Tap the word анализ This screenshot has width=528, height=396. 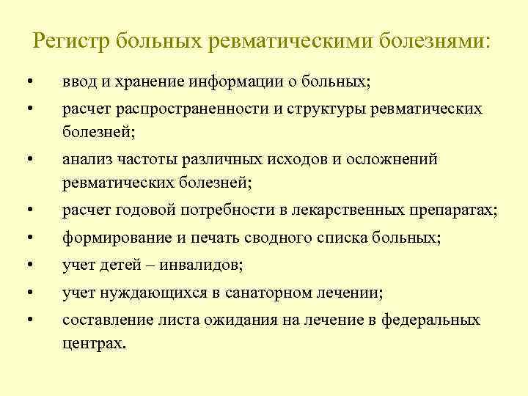coord(83,159)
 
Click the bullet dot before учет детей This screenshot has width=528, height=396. coord(30,266)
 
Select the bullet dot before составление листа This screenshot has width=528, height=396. coord(30,320)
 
